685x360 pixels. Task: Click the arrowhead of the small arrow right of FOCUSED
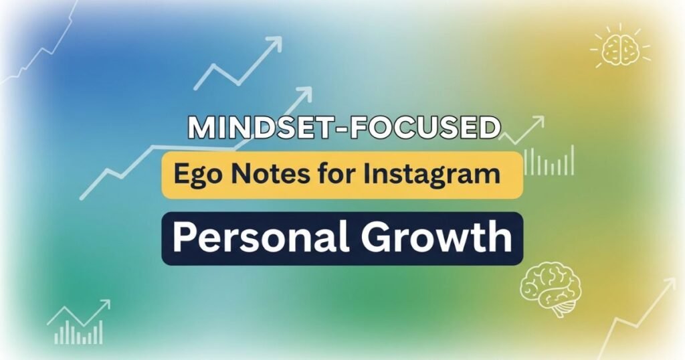tap(539, 122)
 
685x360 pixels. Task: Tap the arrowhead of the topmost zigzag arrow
tap(275, 43)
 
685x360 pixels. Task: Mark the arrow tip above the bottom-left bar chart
tap(105, 304)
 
